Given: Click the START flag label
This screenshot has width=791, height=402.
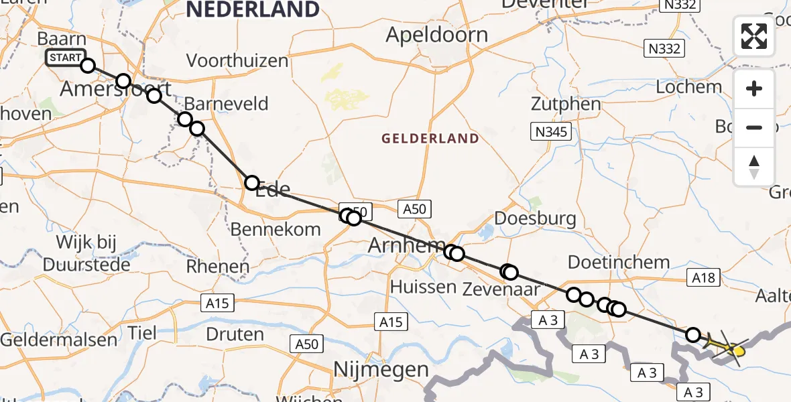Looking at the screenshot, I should [66, 58].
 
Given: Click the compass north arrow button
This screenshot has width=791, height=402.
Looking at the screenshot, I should [754, 166].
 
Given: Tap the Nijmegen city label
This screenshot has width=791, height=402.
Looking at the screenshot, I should [381, 369].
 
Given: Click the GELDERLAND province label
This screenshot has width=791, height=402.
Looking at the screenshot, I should [430, 139].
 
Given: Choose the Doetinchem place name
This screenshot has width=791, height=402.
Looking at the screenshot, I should [619, 262].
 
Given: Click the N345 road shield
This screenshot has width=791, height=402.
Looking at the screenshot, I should [551, 132].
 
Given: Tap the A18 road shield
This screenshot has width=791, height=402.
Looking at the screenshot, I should [704, 277].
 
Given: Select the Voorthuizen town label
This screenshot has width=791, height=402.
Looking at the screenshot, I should [237, 61].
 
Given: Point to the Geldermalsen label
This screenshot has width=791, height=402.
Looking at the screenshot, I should [59, 340].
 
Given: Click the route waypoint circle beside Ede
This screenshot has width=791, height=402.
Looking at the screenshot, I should [251, 182].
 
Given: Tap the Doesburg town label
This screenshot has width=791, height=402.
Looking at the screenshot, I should [534, 218].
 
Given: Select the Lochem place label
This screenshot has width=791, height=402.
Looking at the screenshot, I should [688, 87].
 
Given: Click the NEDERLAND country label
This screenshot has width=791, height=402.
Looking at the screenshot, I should [253, 9].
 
